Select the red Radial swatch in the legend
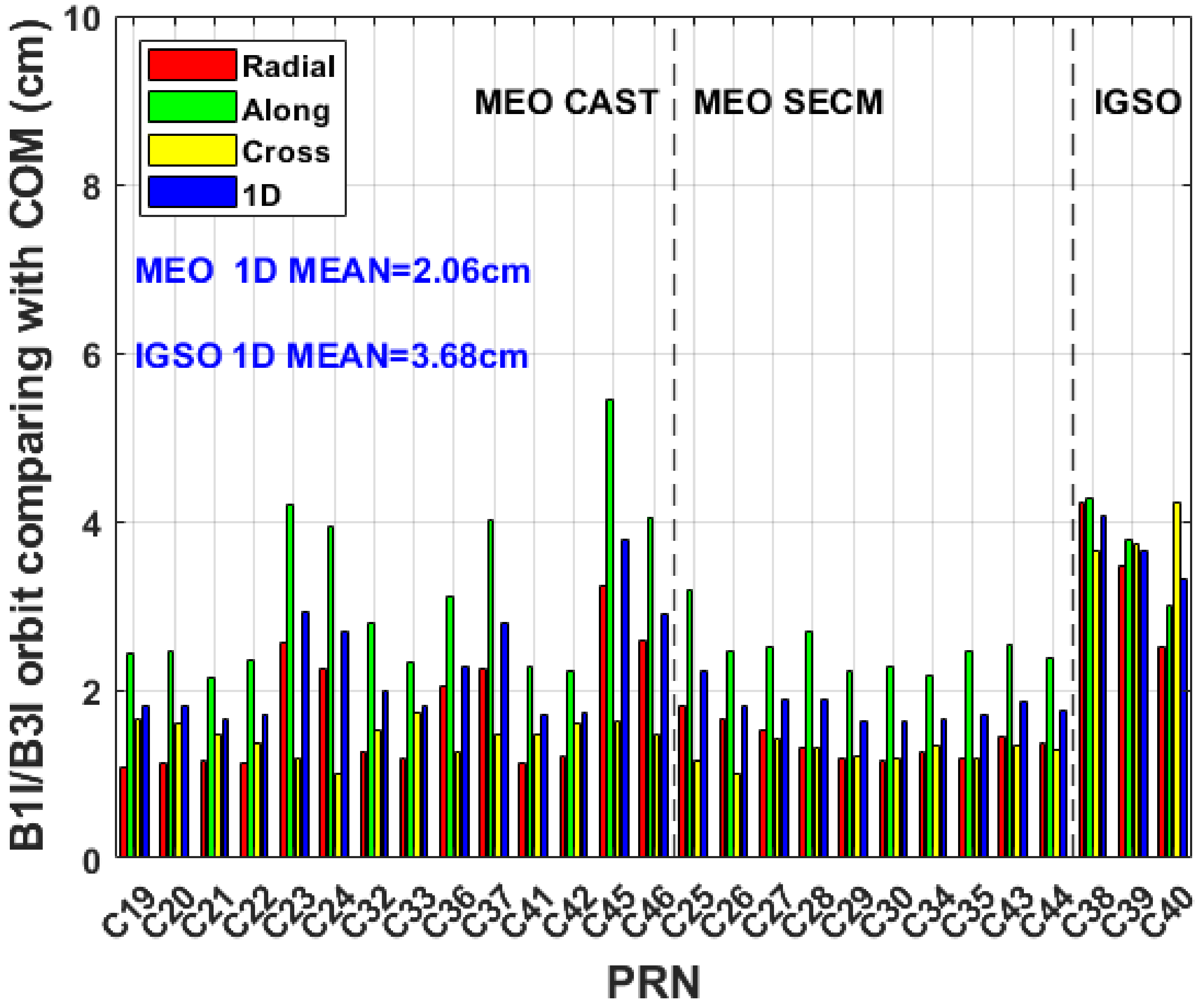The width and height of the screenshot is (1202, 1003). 192,65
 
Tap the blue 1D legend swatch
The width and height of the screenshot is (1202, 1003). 192,192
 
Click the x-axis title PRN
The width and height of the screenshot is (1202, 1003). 653,982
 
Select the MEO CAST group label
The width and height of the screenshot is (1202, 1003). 566,103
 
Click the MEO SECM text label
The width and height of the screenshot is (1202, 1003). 788,103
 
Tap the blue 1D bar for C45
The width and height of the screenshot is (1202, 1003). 624,698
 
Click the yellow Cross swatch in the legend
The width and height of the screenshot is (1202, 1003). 192,150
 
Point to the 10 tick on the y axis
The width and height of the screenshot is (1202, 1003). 83,18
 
